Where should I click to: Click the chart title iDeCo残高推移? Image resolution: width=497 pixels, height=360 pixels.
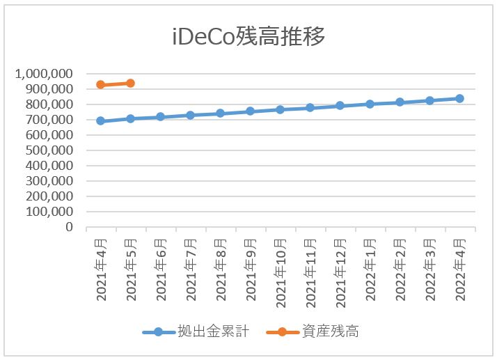[248, 37]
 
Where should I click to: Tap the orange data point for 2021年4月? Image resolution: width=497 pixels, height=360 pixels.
[100, 85]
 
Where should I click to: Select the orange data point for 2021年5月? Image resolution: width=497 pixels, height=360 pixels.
[130, 83]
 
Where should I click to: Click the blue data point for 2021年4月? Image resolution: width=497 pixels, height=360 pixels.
[100, 121]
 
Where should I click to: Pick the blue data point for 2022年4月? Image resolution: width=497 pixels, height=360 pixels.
[460, 98]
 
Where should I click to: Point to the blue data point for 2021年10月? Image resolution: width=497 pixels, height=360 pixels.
[280, 109]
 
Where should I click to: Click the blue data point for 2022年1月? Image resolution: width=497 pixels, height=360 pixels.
[370, 104]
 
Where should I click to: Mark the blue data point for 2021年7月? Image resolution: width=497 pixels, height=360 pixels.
[190, 115]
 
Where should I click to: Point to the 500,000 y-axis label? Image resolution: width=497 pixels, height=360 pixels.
[47, 150]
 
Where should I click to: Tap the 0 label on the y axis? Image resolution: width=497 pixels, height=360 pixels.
[69, 227]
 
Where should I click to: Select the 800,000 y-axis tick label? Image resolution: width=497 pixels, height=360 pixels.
[47, 104]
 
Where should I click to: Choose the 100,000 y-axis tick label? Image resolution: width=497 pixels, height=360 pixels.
[47, 212]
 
